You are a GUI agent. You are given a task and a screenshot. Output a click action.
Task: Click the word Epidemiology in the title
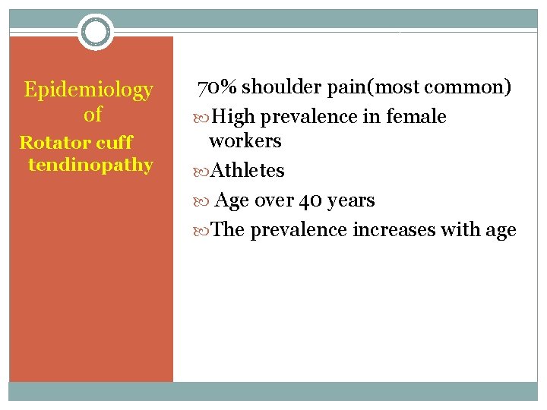(x=89, y=90)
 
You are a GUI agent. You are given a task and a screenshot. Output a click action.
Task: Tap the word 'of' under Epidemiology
(x=93, y=115)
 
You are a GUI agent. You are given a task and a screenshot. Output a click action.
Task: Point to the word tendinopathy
(x=90, y=164)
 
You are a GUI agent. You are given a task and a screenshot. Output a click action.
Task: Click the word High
(x=233, y=117)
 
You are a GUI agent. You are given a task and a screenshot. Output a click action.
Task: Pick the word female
(x=416, y=117)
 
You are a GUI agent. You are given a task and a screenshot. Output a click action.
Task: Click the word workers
(x=245, y=141)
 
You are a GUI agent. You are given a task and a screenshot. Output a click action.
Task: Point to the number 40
(x=311, y=200)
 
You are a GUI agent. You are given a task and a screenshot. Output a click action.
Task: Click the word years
(x=351, y=200)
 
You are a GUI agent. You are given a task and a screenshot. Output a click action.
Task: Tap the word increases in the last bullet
(x=388, y=229)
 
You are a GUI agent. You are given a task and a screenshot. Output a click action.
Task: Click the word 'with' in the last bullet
(x=454, y=229)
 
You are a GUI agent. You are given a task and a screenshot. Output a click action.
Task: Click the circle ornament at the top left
(x=96, y=32)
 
